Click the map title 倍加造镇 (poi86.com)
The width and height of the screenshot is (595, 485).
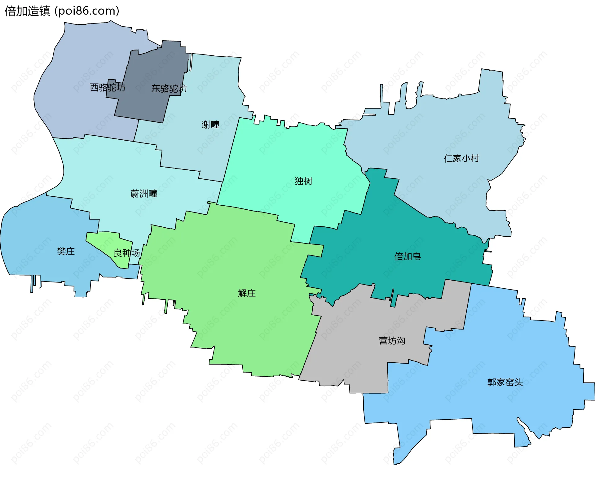point(62,11)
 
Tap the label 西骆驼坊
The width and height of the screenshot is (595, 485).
point(108,88)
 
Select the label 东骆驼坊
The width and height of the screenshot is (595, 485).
point(169,89)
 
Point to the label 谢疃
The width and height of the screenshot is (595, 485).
point(210,125)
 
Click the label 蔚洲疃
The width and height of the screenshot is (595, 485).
point(143,194)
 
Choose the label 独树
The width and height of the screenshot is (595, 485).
point(303,181)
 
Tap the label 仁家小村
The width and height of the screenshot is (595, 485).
point(461,158)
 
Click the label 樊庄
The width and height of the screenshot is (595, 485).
point(66,251)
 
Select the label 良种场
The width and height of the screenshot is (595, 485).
point(126,253)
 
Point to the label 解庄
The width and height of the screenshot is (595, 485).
point(247,293)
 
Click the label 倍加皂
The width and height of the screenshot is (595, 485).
point(407,256)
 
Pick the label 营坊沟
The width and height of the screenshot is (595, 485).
point(392,341)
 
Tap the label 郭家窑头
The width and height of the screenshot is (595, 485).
point(505,382)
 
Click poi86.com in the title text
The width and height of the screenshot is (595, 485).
point(87,11)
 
